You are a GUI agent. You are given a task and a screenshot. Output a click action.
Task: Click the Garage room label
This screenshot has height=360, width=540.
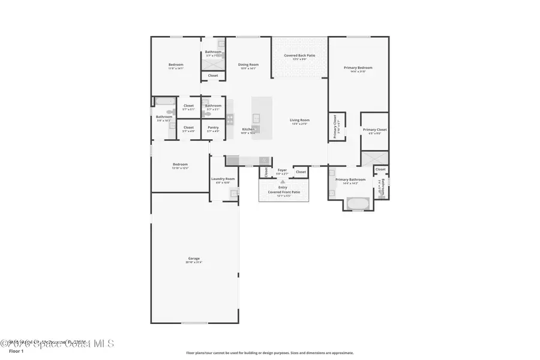pyautogui.click(x=194, y=259)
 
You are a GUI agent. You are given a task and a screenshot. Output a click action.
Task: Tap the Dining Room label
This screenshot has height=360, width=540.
pyautogui.click(x=248, y=65)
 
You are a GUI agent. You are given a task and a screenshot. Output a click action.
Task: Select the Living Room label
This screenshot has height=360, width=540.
pyautogui.click(x=299, y=120)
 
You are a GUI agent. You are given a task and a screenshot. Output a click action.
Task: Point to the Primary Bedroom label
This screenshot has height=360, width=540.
pyautogui.click(x=358, y=68)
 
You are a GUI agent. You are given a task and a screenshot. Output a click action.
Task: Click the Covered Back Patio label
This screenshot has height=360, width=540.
pyautogui.click(x=299, y=55)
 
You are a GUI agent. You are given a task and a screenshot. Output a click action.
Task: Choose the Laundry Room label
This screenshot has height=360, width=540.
pyautogui.click(x=223, y=179)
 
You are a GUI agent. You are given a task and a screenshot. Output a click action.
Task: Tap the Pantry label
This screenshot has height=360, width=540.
pyautogui.click(x=213, y=127)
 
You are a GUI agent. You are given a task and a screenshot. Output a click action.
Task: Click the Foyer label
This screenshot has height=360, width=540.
pyautogui.click(x=282, y=170)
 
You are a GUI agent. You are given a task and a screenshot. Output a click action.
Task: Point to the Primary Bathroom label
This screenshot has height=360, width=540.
pyautogui.click(x=350, y=179)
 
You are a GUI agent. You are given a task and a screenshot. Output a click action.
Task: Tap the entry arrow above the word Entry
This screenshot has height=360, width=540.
pyautogui.click(x=283, y=181)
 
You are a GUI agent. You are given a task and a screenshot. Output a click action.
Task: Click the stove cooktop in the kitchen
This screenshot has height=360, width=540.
pyautogui.click(x=230, y=119)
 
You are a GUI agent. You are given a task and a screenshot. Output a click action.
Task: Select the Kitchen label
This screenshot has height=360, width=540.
pyautogui.click(x=248, y=129)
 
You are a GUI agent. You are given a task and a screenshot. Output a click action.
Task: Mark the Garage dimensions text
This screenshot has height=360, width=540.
pyautogui.click(x=194, y=262)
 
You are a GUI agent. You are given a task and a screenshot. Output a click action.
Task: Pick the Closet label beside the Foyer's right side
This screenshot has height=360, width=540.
pyautogui.click(x=301, y=172)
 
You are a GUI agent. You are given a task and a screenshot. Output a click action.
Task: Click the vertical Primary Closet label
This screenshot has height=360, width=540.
pyautogui.click(x=335, y=127)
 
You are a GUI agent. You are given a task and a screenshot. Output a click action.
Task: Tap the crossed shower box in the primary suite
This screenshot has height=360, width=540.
pyautogui.click(x=374, y=158)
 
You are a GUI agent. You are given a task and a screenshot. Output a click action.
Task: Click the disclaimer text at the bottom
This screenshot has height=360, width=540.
pyautogui.click(x=269, y=353)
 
